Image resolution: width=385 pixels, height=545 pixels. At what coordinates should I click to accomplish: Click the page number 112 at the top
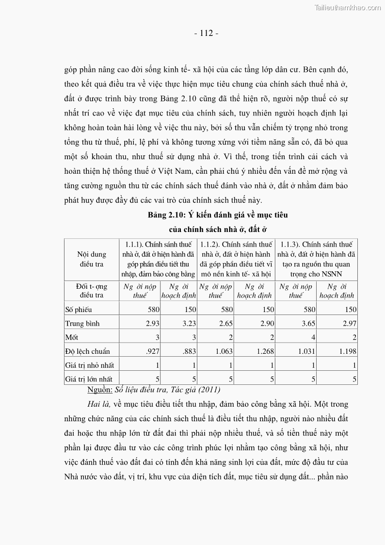206,33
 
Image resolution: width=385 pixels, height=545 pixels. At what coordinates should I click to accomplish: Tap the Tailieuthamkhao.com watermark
348,7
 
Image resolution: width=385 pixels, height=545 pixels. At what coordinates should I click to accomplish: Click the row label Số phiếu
78,309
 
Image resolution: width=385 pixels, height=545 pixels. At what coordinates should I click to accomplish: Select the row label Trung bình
82,323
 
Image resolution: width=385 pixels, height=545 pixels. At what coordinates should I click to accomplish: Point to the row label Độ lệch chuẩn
87,351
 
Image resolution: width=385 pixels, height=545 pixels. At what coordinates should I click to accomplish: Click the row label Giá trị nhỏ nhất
90,365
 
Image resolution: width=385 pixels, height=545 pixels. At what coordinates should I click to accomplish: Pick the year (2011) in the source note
209,389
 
